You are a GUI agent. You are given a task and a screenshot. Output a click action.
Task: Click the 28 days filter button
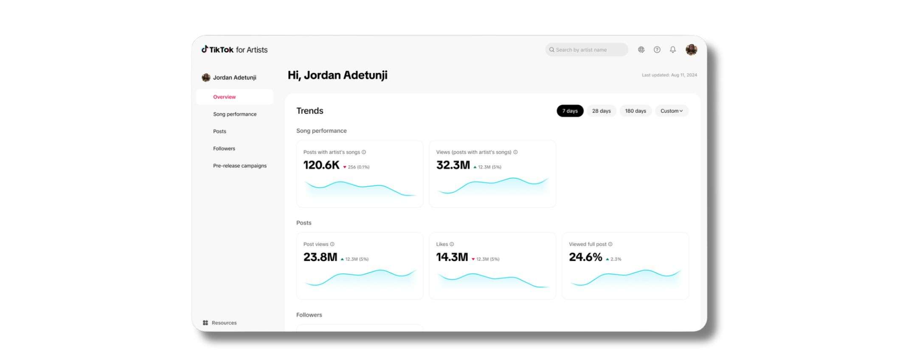pos(601,111)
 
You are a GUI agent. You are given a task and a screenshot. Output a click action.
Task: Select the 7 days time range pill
pos(570,111)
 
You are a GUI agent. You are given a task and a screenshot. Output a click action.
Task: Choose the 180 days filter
pos(635,111)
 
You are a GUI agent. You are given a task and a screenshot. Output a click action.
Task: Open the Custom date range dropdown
pos(671,111)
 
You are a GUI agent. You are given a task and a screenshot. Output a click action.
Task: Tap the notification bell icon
pos(673,50)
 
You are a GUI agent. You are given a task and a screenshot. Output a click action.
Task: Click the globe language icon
pos(641,50)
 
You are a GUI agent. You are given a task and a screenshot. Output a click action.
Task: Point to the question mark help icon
pos(657,50)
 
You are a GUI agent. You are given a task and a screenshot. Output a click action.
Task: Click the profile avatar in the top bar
pos(691,50)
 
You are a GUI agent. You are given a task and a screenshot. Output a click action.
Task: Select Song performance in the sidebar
pos(235,114)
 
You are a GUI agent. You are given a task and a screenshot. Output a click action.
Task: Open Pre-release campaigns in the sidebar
pos(240,166)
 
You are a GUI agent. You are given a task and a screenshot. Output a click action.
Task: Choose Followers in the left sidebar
pos(224,149)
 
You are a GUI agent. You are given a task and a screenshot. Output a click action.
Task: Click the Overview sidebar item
pos(225,97)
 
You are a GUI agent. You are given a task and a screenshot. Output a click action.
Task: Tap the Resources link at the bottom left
pos(224,323)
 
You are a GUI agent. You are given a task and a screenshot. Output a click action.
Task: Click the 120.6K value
pos(321,165)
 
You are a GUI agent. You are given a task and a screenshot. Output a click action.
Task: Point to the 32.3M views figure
pos(453,165)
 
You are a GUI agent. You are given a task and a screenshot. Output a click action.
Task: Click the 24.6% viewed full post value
pos(585,257)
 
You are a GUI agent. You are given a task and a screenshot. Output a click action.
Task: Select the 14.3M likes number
pos(452,257)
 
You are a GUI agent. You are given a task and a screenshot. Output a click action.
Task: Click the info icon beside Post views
pos(332,244)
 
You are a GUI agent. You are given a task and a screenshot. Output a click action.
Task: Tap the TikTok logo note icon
pos(205,49)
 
